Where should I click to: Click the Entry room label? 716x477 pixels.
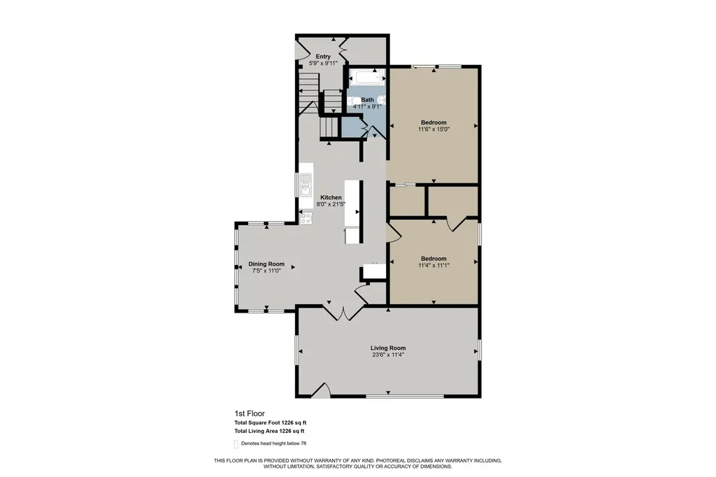[x=323, y=57]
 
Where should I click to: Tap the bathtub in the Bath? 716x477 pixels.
[x=368, y=78]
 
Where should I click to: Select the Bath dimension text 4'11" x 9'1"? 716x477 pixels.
[x=367, y=107]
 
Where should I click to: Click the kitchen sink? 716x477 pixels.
[x=305, y=185]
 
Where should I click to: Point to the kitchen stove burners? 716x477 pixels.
[x=306, y=218]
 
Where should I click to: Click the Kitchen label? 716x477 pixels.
[x=331, y=197]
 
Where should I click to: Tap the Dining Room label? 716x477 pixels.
[x=266, y=264]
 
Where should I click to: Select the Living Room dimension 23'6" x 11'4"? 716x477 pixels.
[x=388, y=355]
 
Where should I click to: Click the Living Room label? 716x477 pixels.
[x=388, y=348]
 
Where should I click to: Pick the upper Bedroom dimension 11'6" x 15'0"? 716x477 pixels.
[x=434, y=129]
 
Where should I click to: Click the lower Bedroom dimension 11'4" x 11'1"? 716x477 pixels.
[x=434, y=266]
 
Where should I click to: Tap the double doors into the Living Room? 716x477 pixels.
[x=344, y=313]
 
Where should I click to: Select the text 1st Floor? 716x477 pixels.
[x=250, y=413]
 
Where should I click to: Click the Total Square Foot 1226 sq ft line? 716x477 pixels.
[x=271, y=422]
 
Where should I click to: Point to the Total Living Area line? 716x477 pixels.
[x=269, y=431]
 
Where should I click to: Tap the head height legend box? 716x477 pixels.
[x=236, y=443]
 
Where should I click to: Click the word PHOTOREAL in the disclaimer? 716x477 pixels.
[x=392, y=460]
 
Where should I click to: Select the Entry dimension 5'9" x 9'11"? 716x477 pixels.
[x=323, y=64]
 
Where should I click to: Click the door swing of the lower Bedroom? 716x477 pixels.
[x=394, y=232]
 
